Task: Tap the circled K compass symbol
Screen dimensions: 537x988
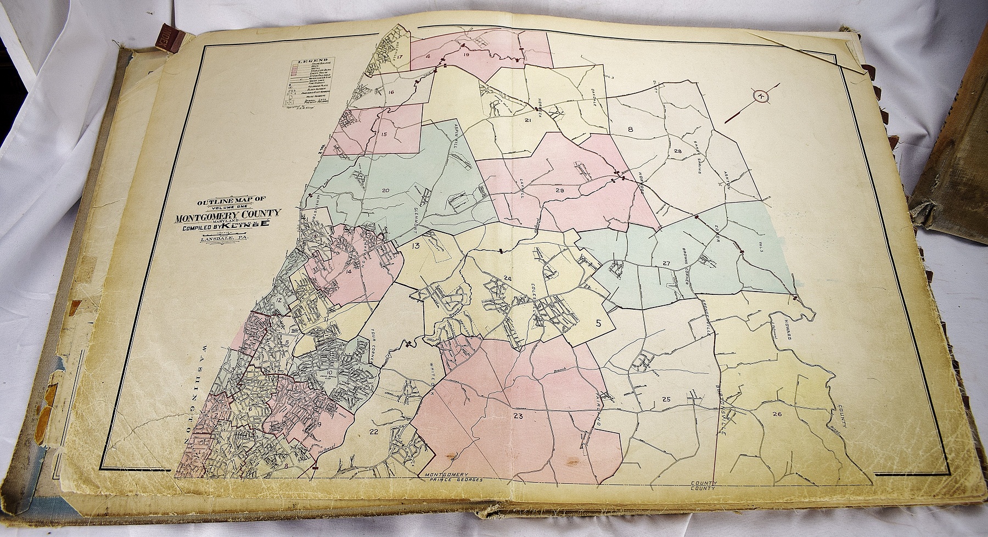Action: click(x=761, y=96)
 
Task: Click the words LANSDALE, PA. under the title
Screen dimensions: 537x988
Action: click(x=224, y=239)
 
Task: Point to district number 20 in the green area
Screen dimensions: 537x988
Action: click(x=385, y=191)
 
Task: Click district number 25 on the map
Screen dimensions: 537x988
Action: click(x=667, y=399)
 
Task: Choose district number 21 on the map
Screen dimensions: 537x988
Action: click(x=529, y=120)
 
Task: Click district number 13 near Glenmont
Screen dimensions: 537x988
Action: click(x=416, y=246)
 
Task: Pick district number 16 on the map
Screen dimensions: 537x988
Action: click(x=391, y=92)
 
